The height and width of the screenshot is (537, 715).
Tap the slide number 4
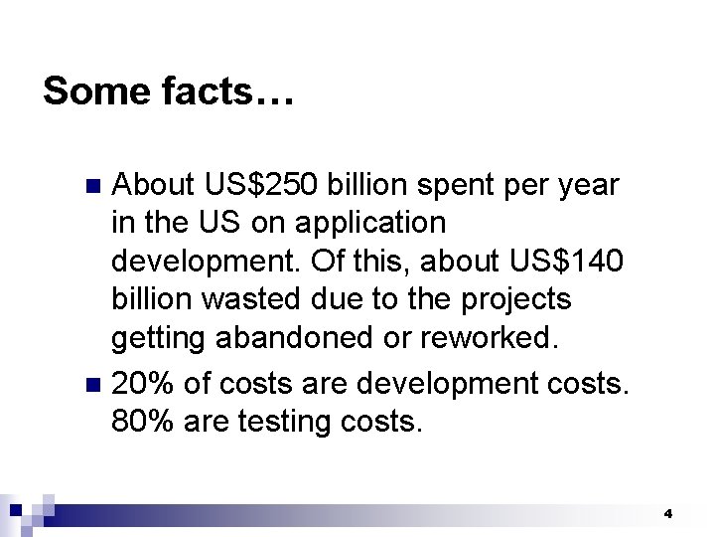pos(668,514)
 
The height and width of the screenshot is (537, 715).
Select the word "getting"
pos(157,339)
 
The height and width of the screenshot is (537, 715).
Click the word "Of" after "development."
pos(327,262)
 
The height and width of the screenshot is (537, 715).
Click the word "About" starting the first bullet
pos(154,185)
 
